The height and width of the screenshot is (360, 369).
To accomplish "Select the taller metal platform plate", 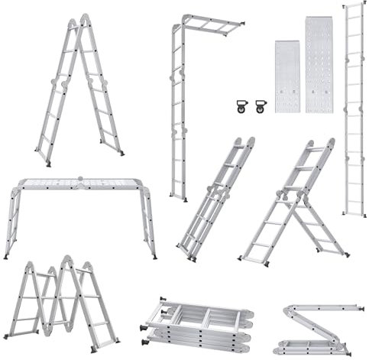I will pos(319,64).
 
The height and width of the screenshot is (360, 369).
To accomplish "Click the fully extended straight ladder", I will pos(353,107).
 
